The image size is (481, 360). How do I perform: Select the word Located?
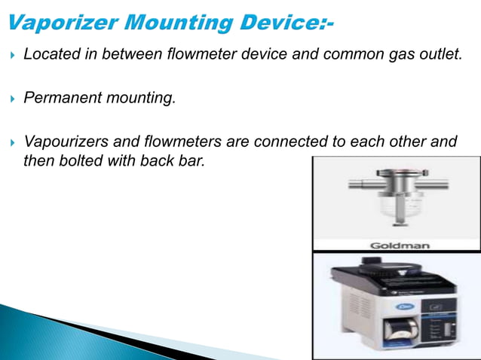click(51, 54)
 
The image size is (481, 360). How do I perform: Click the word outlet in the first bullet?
click(438, 54)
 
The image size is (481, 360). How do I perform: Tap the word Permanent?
click(60, 97)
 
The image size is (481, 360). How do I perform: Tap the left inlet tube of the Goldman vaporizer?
click(359, 186)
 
